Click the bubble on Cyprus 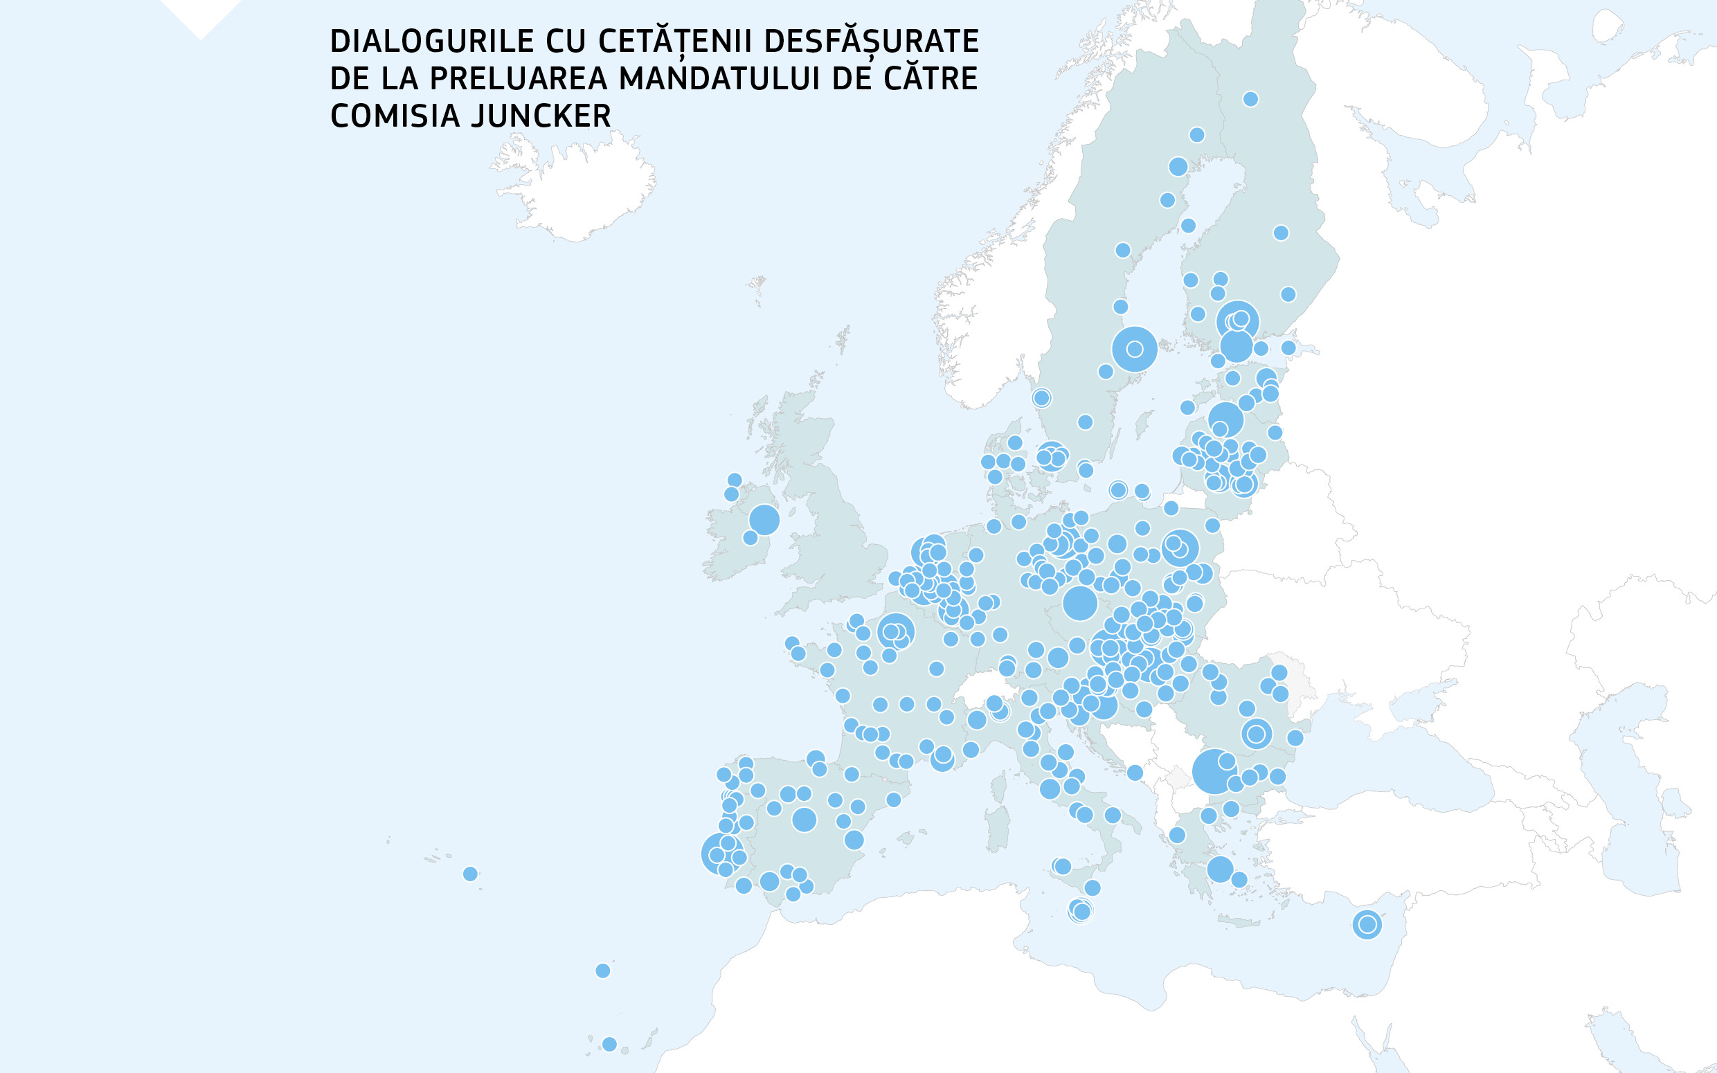1367,925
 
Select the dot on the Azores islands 469,874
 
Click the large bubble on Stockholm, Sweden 1134,349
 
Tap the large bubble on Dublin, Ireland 764,519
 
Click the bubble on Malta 1080,910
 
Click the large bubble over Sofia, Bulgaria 1214,771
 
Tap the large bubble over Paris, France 895,631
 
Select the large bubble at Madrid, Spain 803,820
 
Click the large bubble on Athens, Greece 1220,869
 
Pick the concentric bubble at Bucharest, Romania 1256,734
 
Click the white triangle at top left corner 201,15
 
